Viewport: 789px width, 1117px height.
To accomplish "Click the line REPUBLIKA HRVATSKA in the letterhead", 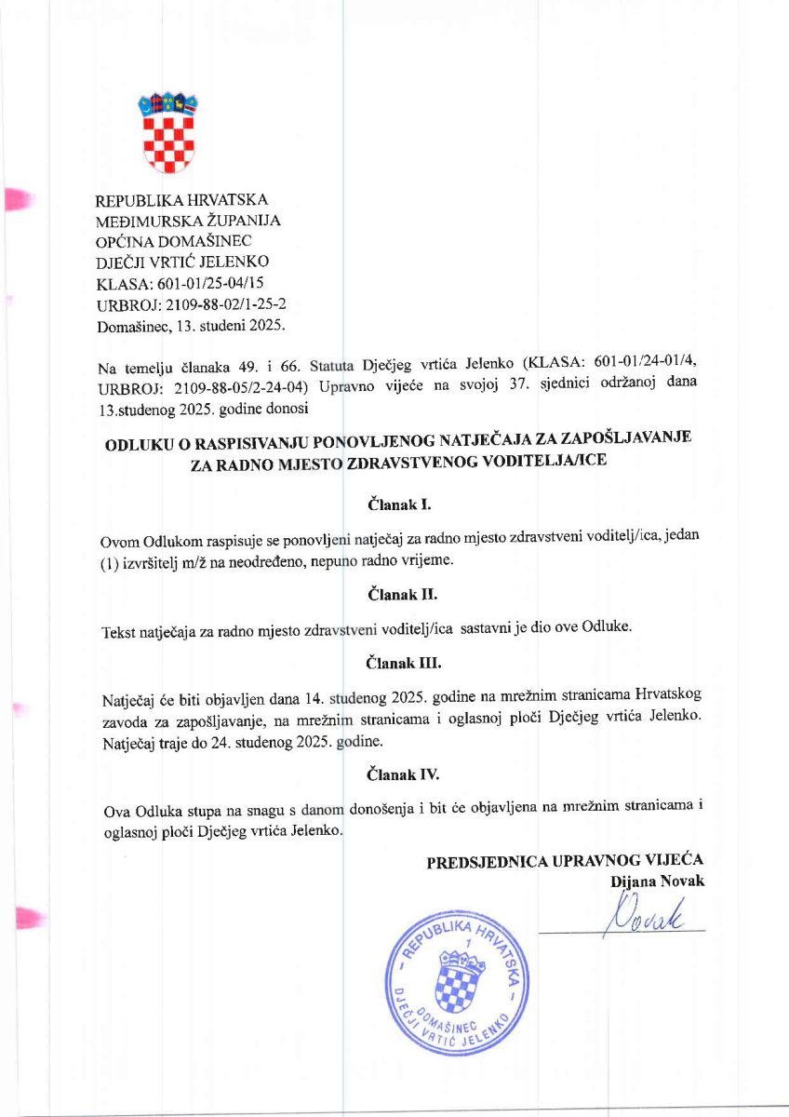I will [182, 200].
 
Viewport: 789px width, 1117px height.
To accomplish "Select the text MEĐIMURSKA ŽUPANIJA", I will [188, 221].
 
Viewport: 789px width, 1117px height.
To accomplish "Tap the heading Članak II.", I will [402, 592].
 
